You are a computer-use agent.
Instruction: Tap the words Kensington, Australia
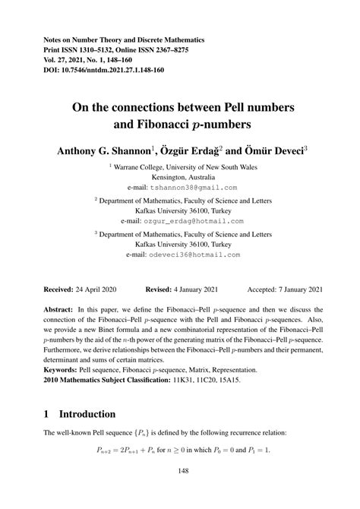[x=180, y=175]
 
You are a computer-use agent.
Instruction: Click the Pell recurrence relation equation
[x=180, y=451]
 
